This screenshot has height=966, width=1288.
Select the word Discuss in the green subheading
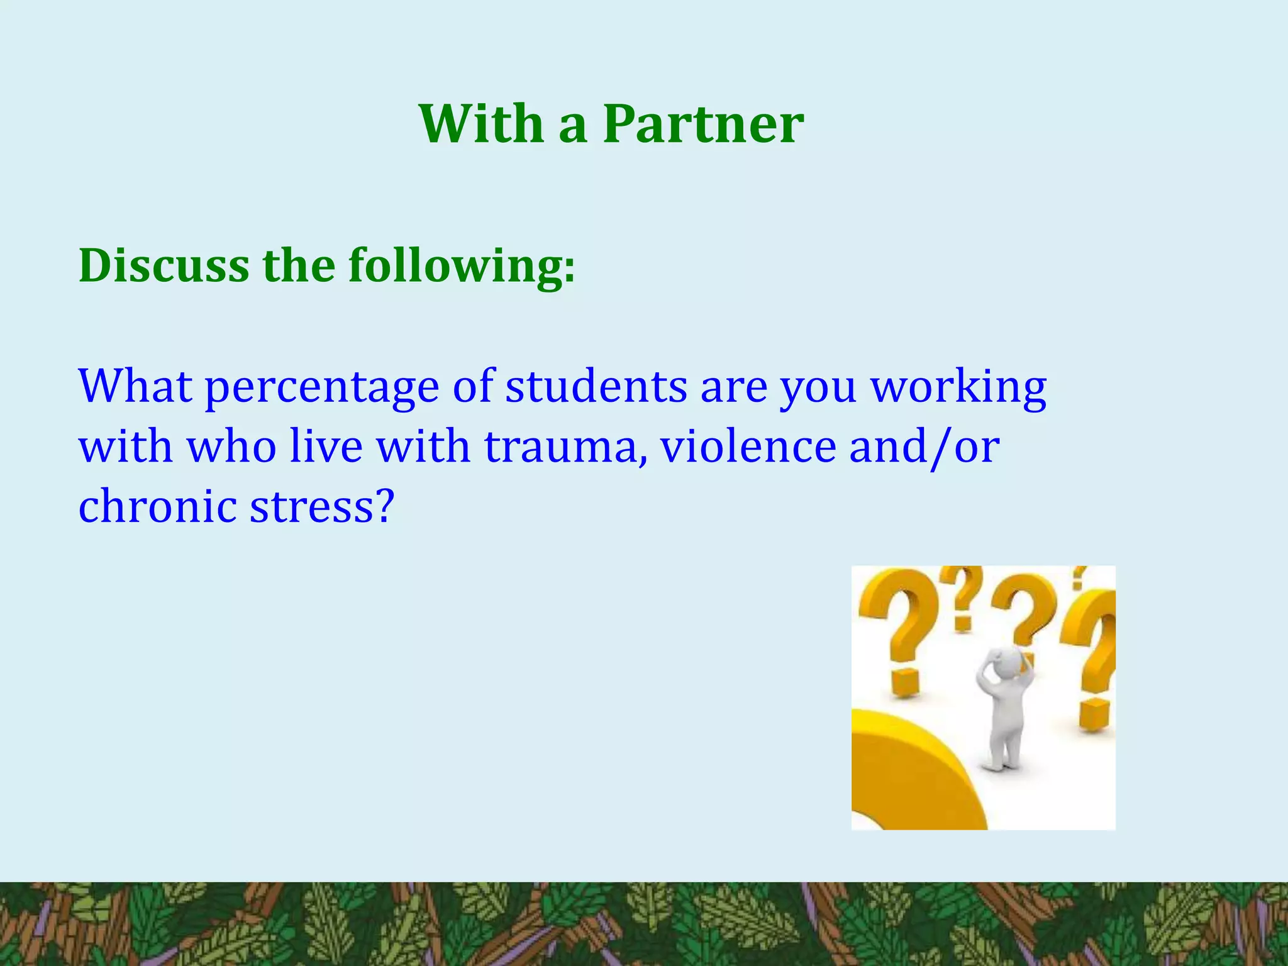[164, 266]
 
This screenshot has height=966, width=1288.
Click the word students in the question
[596, 386]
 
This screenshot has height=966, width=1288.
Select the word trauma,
[565, 447]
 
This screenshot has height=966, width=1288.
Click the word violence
[748, 447]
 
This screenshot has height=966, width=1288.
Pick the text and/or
[924, 447]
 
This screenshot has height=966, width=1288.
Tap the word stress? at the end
[323, 506]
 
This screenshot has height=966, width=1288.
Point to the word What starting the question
[135, 386]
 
